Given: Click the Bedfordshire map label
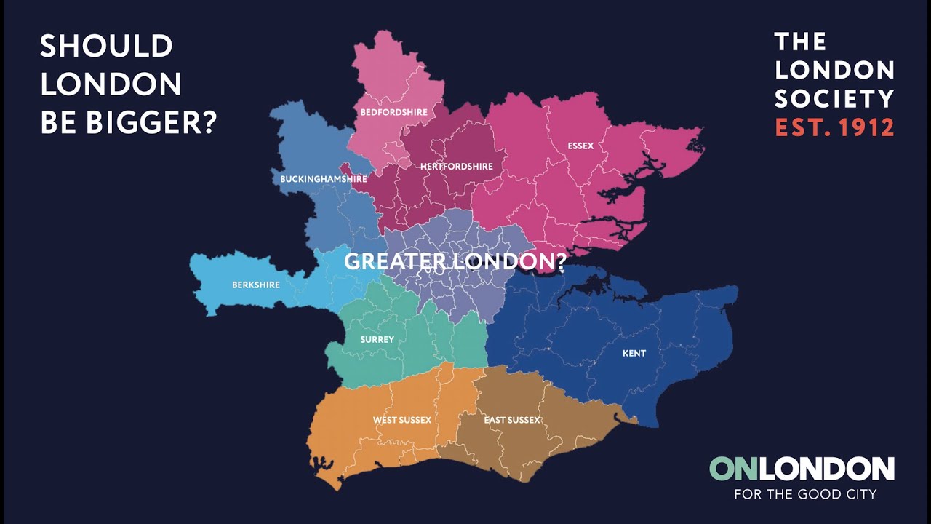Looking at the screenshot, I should (x=393, y=112).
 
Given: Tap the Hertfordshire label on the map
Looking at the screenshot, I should (x=456, y=166).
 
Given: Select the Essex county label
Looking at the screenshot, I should (x=580, y=146).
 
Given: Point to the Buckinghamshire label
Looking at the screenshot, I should (x=323, y=178).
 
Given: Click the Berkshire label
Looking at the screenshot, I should (x=255, y=285).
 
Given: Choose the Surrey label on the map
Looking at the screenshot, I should (x=377, y=339).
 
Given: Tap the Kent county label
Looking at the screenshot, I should (x=634, y=354).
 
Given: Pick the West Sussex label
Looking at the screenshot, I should (x=401, y=420).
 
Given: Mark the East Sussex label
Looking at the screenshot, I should (x=512, y=420).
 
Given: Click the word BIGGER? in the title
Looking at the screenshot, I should (x=151, y=122).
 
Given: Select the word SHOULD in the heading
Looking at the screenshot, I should (x=106, y=47).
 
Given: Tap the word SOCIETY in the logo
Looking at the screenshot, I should (x=834, y=98).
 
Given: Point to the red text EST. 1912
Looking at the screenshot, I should (x=834, y=127).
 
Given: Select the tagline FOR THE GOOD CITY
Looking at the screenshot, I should (x=805, y=494).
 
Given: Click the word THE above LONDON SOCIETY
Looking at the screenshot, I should (x=801, y=41).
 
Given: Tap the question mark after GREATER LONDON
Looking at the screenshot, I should (x=560, y=262).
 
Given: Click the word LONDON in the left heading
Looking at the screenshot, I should (x=111, y=84).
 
